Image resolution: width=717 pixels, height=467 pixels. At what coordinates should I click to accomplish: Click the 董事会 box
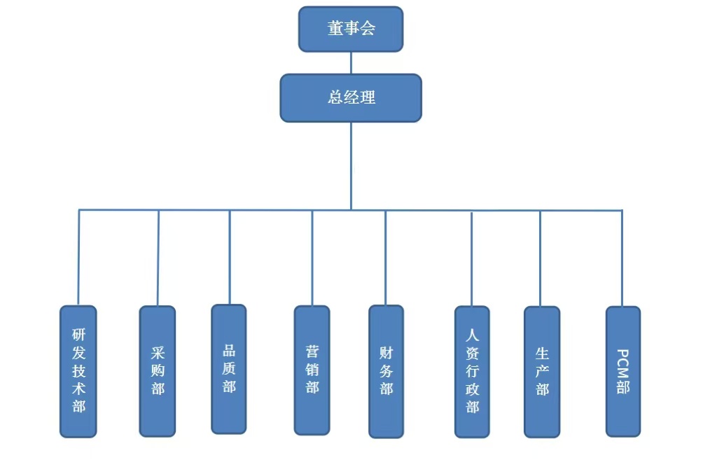(351, 29)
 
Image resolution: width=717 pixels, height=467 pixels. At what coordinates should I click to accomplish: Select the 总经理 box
(351, 98)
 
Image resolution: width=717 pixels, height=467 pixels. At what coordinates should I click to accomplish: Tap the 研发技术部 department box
(78, 371)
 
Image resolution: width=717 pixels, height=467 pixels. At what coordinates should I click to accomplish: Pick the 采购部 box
(158, 371)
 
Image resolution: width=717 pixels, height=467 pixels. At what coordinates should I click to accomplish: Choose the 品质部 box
(229, 368)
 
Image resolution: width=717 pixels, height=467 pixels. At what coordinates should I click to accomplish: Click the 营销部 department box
(312, 370)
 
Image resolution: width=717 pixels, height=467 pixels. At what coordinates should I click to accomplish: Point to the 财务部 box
(386, 371)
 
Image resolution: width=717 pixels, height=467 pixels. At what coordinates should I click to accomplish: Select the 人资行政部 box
(472, 371)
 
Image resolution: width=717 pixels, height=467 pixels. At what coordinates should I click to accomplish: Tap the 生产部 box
(542, 371)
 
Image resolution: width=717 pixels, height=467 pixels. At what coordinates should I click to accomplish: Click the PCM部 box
(622, 371)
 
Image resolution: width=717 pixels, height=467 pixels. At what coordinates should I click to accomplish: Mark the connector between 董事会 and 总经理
(351, 63)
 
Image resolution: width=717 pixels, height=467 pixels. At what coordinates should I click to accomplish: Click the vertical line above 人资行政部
(471, 259)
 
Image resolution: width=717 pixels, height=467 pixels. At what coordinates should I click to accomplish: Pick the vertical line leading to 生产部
(541, 259)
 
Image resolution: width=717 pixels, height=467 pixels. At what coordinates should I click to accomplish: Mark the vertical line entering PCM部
(622, 259)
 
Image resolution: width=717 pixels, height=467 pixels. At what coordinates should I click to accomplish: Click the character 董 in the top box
(335, 29)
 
